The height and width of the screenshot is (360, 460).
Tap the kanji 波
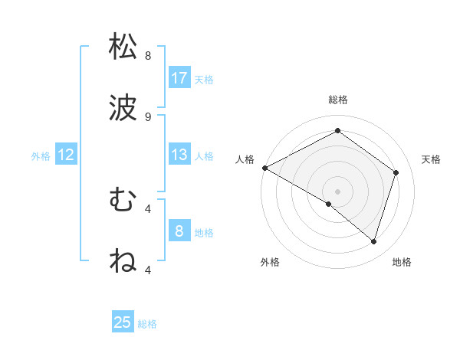click(x=123, y=108)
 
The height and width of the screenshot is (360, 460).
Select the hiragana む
click(x=123, y=200)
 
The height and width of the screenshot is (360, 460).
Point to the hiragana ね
click(x=123, y=260)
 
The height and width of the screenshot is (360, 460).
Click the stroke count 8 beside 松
click(x=148, y=56)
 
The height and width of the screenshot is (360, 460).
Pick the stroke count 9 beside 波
click(x=148, y=117)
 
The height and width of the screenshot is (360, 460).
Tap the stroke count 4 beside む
click(x=148, y=208)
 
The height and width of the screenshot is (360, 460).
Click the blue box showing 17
click(x=179, y=78)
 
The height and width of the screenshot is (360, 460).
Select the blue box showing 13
click(x=179, y=155)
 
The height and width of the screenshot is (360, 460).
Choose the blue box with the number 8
click(x=179, y=231)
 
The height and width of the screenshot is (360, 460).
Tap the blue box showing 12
click(x=66, y=155)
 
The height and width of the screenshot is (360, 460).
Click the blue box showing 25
click(x=123, y=322)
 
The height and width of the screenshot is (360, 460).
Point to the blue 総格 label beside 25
click(x=148, y=324)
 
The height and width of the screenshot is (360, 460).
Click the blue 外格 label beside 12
click(x=41, y=156)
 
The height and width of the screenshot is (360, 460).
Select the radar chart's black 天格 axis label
click(x=432, y=159)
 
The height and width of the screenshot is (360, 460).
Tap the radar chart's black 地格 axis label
click(x=402, y=262)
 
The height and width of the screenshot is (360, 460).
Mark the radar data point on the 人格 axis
click(x=264, y=168)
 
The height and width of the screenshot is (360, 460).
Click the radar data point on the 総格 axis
click(x=337, y=131)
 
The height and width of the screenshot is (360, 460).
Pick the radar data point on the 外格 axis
click(x=329, y=204)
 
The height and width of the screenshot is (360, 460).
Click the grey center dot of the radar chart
click(x=337, y=191)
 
